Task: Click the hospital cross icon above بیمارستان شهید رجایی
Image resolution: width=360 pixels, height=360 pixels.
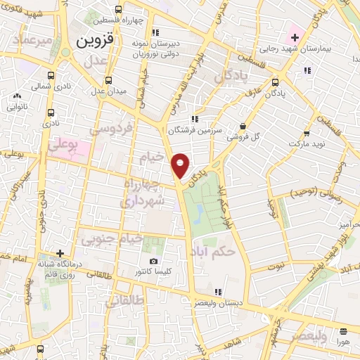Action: (294, 37)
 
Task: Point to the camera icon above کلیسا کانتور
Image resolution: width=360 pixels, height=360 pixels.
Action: (153, 262)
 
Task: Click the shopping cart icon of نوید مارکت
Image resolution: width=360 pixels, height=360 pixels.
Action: (307, 133)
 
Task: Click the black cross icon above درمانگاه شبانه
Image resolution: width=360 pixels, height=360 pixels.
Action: (60, 253)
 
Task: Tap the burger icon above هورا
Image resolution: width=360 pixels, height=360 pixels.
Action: (342, 331)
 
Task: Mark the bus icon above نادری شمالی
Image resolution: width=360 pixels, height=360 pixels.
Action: (51, 75)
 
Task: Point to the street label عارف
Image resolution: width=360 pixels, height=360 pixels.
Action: (253, 91)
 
